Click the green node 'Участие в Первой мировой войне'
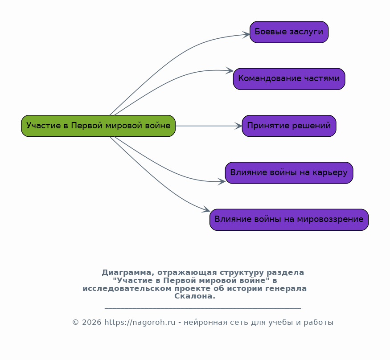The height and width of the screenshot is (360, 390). [x=98, y=126]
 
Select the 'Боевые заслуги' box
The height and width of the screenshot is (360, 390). [x=289, y=32]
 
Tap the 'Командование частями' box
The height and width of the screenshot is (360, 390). [x=289, y=79]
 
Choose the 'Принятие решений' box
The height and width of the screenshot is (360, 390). [x=289, y=126]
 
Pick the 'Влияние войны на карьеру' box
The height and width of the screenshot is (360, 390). [x=289, y=173]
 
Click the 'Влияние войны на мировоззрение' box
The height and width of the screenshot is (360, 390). [x=289, y=220]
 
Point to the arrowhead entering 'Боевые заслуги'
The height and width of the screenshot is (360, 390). [x=246, y=35]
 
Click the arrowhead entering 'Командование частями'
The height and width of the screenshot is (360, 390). [x=230, y=70]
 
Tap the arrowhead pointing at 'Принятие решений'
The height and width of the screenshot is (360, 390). [x=238, y=126]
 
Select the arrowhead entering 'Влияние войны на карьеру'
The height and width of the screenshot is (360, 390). [x=222, y=181]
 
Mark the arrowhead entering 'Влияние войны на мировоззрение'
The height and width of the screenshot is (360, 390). [x=206, y=209]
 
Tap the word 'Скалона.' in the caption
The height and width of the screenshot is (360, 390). [x=195, y=296]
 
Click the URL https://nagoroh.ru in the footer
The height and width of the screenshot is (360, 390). [x=140, y=323]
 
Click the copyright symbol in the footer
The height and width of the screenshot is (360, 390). [x=76, y=323]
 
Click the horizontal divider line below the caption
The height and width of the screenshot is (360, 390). [x=203, y=308]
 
